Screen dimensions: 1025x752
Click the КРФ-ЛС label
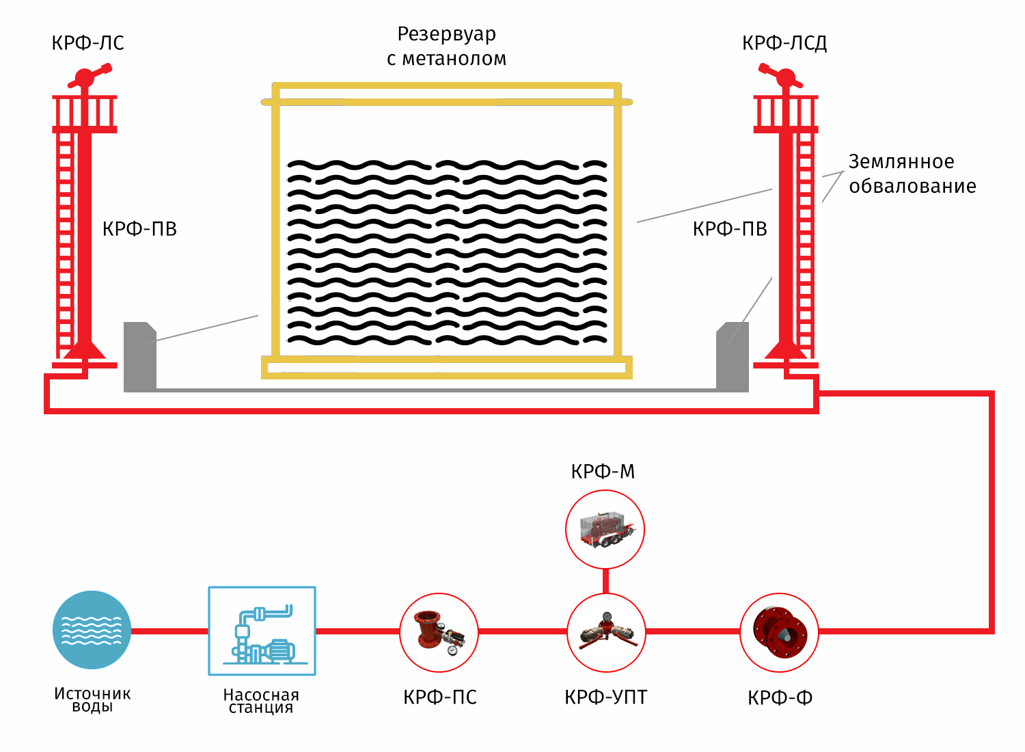click(87, 42)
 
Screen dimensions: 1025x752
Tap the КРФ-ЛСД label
click(784, 42)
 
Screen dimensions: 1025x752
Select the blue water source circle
click(92, 630)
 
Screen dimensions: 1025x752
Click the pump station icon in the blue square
click(262, 631)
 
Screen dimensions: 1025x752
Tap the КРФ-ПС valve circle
click(439, 632)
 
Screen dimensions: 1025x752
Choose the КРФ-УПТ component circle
click(606, 632)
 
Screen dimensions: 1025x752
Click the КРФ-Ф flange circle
click(779, 632)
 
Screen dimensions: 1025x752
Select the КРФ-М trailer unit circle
click(605, 530)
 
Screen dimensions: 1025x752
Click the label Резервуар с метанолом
click(447, 46)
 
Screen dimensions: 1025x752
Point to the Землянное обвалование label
click(912, 174)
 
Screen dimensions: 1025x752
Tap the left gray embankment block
click(140, 357)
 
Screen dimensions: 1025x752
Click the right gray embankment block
click(732, 357)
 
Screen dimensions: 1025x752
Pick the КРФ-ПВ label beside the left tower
click(139, 229)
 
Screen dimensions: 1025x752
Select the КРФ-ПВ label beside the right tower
click(730, 229)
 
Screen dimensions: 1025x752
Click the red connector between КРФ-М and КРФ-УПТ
click(605, 581)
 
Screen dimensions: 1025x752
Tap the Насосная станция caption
click(261, 701)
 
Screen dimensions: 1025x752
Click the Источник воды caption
click(92, 700)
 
